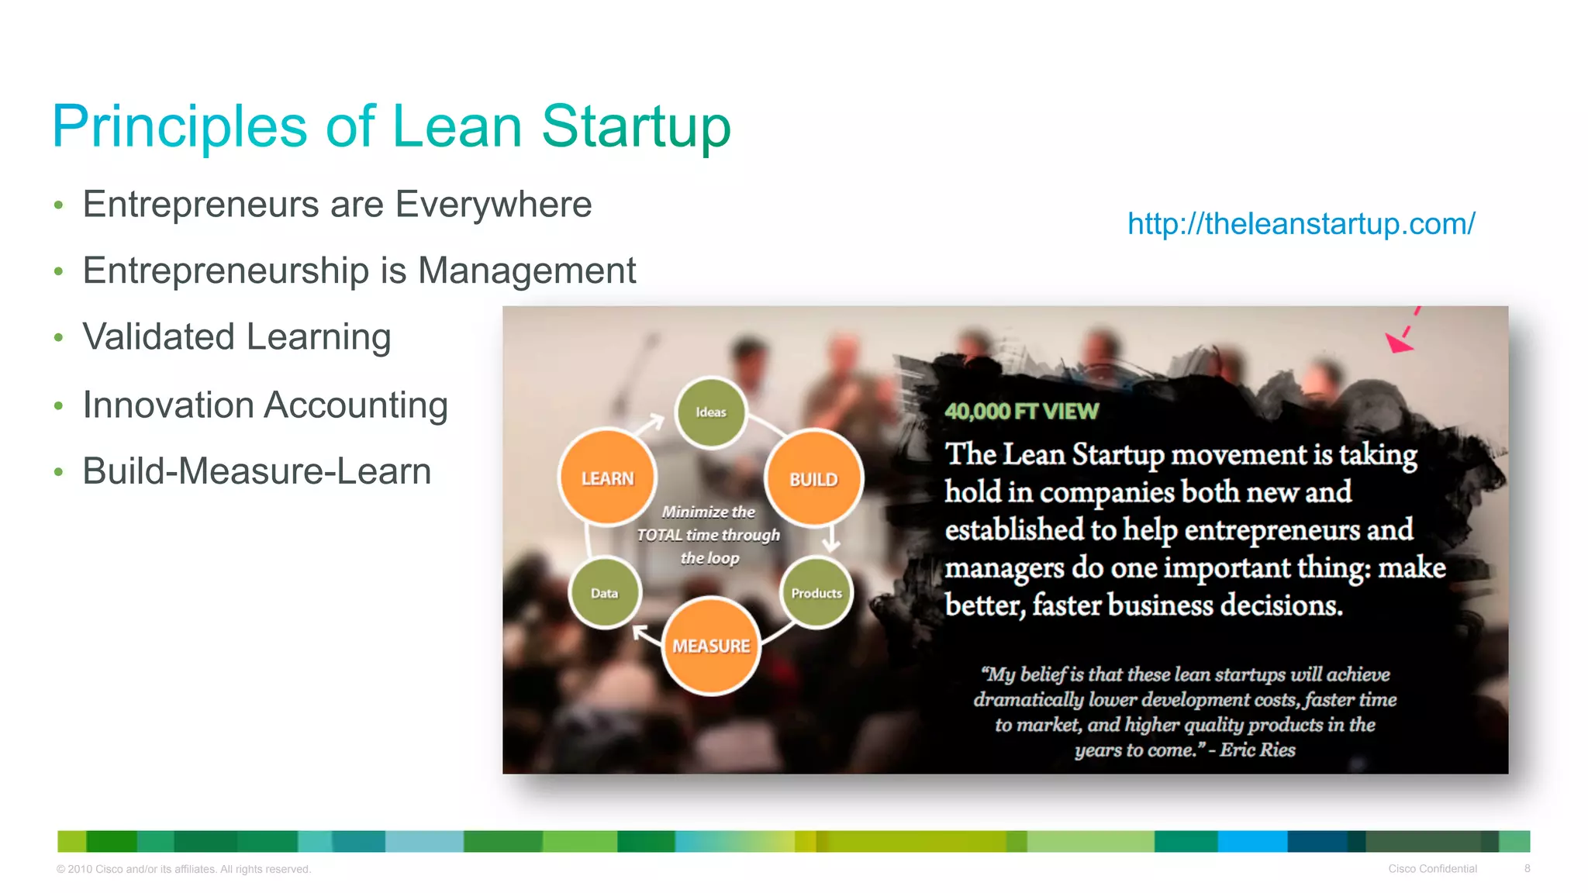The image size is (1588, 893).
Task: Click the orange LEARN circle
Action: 607,478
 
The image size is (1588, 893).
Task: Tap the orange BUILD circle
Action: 813,478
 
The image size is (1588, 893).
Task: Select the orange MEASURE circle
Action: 711,645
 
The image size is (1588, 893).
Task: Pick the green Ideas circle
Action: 710,412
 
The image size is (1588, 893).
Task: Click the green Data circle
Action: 604,592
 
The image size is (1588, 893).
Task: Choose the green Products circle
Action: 816,592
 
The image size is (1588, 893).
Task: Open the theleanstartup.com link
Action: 1300,223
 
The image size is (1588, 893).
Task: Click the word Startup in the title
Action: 636,126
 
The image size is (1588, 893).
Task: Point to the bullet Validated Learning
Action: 236,337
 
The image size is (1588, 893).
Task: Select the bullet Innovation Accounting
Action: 265,405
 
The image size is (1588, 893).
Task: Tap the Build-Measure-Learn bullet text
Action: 257,471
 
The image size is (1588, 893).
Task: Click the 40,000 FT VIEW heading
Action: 1021,411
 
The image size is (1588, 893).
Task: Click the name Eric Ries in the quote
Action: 1258,750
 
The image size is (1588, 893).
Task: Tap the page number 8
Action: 1527,868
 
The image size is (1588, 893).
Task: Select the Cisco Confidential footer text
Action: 1432,868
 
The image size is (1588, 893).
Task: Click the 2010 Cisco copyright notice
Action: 184,869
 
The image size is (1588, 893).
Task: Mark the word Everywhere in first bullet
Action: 493,205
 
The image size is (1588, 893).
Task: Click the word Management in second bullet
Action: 526,271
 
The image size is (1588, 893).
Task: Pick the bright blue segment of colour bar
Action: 1251,841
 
